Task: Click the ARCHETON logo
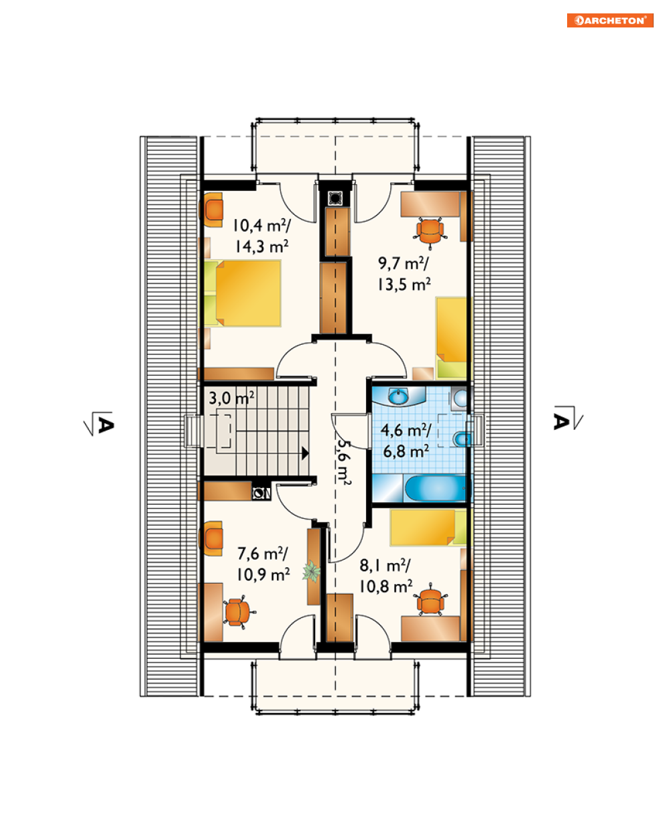coord(609,20)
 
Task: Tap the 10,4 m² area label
coord(261,226)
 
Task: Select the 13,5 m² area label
coord(404,285)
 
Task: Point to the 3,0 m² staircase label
coord(231,398)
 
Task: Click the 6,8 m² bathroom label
coord(406,451)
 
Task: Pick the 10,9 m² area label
coord(263,575)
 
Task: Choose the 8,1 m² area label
coord(385,566)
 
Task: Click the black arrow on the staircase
coord(305,453)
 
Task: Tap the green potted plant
coord(311,571)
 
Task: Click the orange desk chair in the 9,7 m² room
coord(430,231)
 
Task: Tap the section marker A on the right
coord(568,418)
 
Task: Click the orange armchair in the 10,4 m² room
coord(212,210)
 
